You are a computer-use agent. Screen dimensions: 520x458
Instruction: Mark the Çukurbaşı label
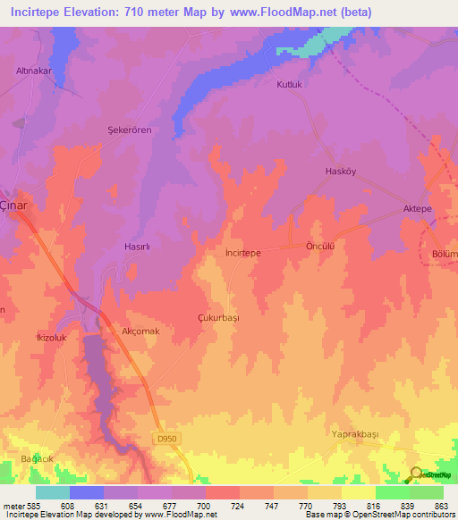click(x=218, y=317)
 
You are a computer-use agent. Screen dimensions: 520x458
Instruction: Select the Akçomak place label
click(x=140, y=330)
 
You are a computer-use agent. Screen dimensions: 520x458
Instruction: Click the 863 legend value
click(x=441, y=507)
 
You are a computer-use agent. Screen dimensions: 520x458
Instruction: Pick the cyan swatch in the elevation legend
click(x=52, y=492)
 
